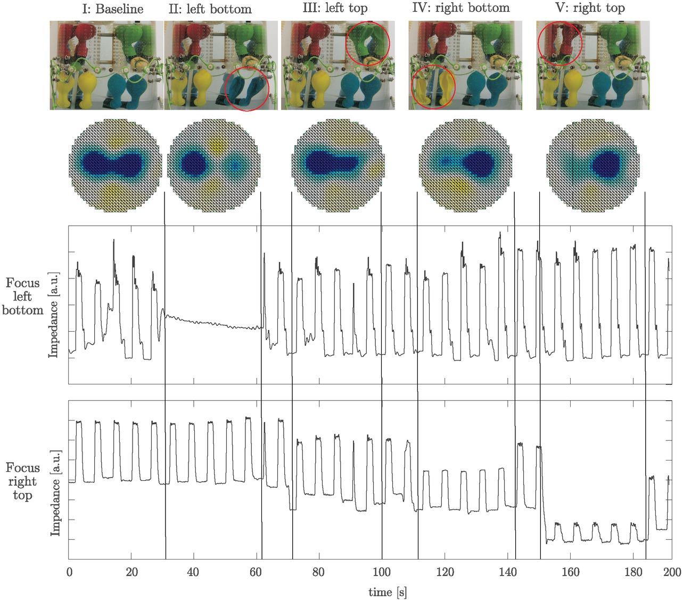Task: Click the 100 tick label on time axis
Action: pos(382,572)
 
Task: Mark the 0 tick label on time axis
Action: pos(69,572)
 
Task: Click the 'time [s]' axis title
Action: pos(388,592)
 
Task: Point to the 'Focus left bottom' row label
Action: pos(23,297)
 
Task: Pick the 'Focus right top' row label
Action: pos(23,481)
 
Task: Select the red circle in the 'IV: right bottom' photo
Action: pos(433,87)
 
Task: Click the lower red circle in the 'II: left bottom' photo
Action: pos(247,88)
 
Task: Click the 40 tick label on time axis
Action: pos(194,572)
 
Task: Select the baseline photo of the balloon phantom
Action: pos(106,65)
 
